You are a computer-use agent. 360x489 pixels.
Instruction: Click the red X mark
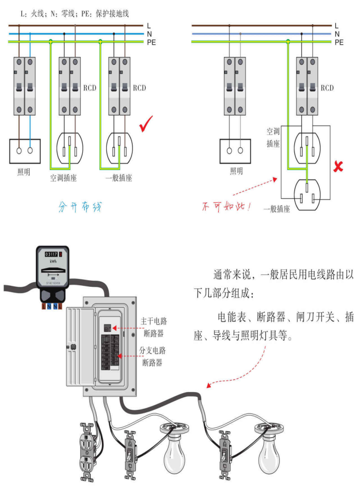click(x=338, y=166)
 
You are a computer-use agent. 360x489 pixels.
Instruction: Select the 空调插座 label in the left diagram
click(x=63, y=178)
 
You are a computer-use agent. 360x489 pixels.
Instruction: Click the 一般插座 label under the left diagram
click(x=118, y=178)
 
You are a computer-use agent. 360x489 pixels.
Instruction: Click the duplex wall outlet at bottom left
click(x=88, y=451)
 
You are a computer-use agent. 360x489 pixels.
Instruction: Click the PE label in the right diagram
click(x=339, y=43)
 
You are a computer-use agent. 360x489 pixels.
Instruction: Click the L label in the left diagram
click(x=149, y=25)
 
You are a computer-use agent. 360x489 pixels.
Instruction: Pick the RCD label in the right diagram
click(x=327, y=88)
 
